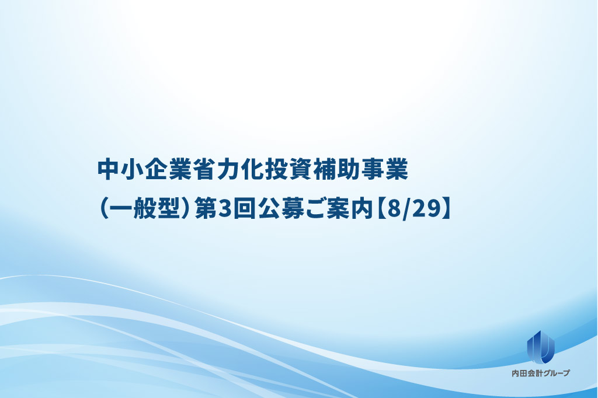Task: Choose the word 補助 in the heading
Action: [x=336, y=169]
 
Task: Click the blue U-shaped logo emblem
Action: [x=540, y=347]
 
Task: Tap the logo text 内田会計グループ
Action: [x=541, y=373]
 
